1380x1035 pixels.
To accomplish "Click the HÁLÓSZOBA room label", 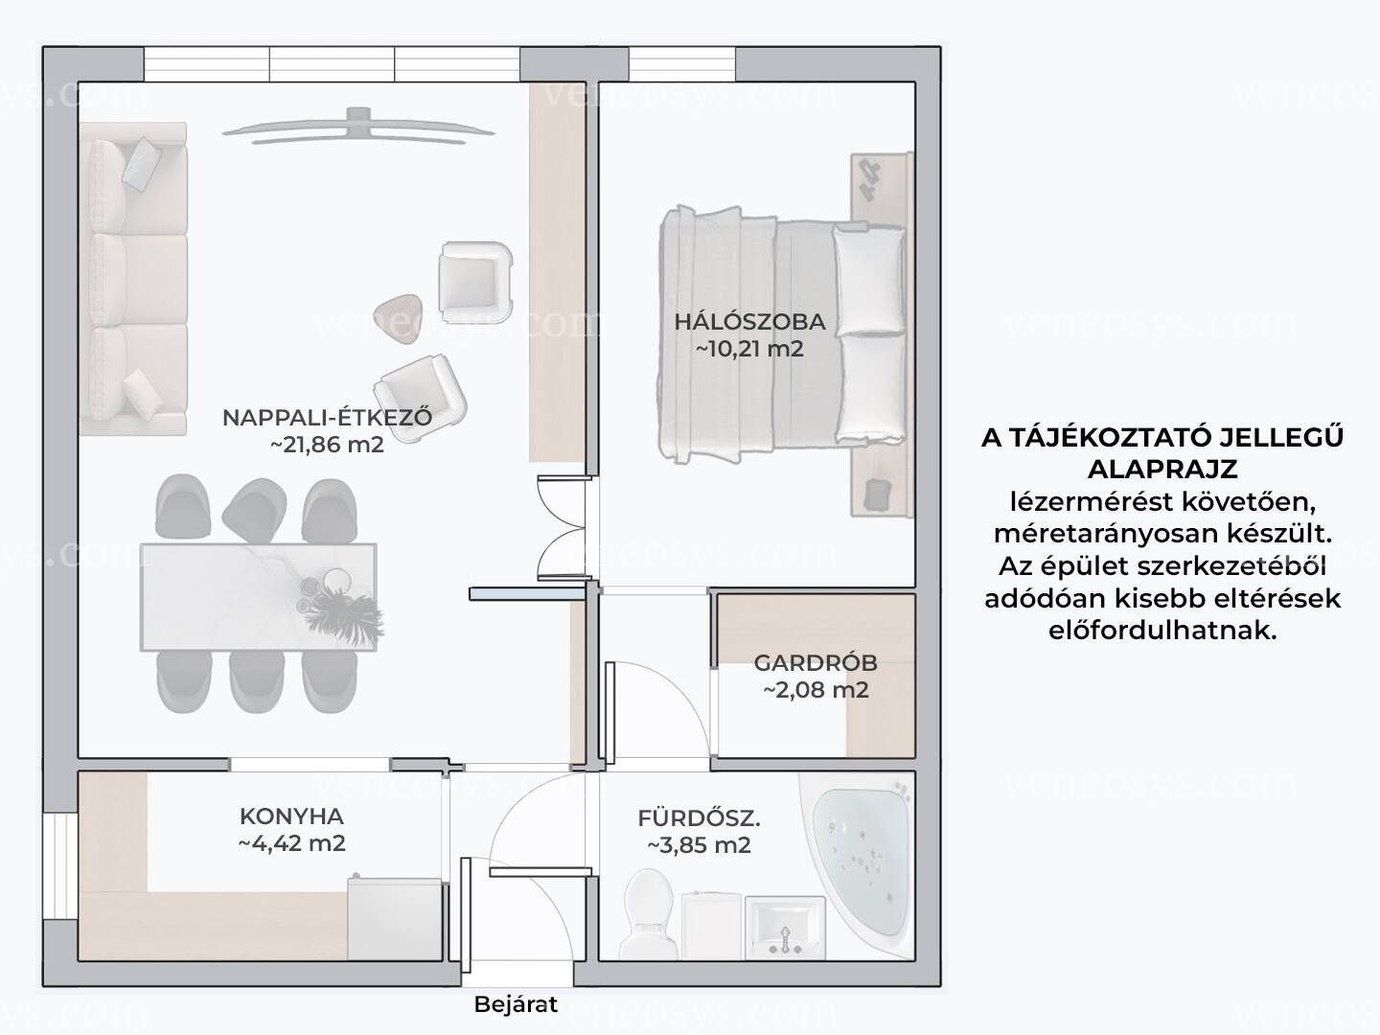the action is [749, 321].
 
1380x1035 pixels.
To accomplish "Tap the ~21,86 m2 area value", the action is [327, 445].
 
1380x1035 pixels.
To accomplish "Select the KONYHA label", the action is [291, 816].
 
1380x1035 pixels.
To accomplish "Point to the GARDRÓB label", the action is [816, 662].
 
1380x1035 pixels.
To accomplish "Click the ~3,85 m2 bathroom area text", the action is [700, 845].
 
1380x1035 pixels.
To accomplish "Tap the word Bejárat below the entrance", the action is [516, 1004].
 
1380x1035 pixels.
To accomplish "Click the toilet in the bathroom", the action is [650, 914].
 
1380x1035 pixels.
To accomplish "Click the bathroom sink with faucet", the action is [785, 928].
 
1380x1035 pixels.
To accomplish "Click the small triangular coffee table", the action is [398, 318].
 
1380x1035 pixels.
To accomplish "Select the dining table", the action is [259, 597].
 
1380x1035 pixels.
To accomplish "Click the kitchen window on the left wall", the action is [60, 866].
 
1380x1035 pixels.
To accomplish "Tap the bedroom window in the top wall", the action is [682, 64].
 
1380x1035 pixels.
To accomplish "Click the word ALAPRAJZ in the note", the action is [1162, 469].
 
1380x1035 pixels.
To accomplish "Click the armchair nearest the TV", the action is [475, 281].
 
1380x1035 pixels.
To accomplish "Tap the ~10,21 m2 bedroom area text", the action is [749, 348].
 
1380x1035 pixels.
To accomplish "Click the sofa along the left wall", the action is [133, 278].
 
